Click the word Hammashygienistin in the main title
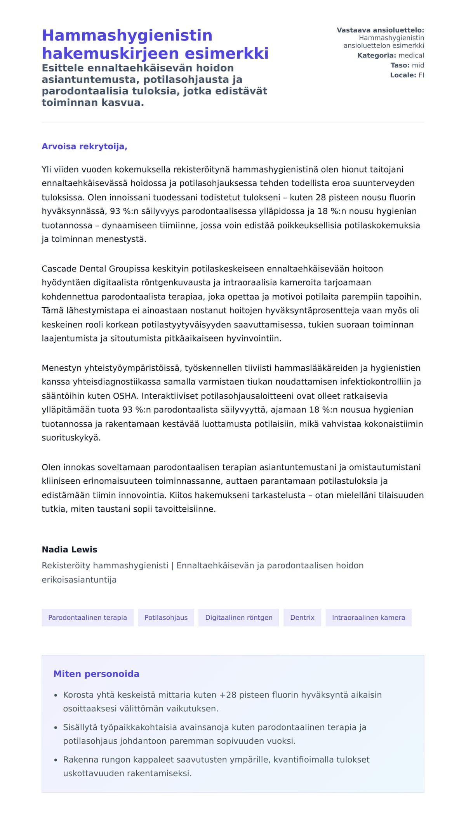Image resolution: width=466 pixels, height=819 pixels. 127,35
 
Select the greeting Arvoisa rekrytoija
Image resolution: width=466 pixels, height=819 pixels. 84,146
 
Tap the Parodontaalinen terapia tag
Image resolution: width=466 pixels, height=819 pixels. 87,617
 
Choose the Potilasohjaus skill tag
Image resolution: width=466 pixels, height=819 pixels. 166,617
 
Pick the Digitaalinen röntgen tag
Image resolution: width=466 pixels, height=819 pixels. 238,617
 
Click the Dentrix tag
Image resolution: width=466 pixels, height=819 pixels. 302,617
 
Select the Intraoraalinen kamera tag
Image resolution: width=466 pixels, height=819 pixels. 368,617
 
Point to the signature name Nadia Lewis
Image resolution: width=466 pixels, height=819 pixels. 70,549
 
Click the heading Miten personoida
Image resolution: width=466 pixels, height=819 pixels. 96,674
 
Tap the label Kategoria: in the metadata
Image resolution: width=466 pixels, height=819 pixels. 377,56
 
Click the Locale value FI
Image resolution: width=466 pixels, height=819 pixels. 421,75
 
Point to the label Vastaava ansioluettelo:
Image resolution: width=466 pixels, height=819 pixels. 380,30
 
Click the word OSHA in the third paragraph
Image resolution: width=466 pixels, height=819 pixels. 125,396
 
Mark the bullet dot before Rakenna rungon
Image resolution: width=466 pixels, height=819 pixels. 56,760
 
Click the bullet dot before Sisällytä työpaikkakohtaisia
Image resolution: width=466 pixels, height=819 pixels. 56,727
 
